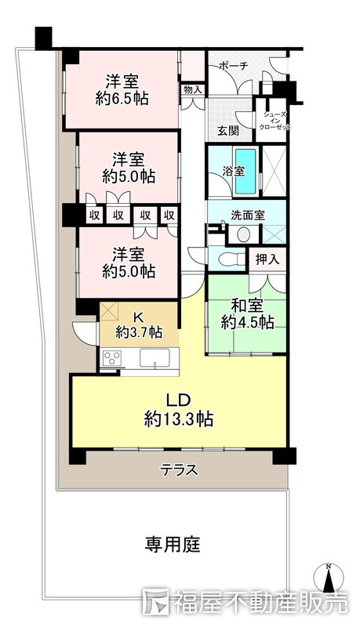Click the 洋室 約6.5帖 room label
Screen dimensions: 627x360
point(122,89)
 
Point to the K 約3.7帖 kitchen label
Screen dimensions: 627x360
point(139,324)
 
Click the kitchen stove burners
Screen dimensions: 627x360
point(113,359)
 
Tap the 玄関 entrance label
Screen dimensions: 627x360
point(228,130)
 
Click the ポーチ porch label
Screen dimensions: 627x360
point(233,67)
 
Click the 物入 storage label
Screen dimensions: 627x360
point(193,89)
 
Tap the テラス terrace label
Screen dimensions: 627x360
point(179,470)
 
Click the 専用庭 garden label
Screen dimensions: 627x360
point(172,543)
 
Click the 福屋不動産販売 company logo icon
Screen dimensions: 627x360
point(156,602)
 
